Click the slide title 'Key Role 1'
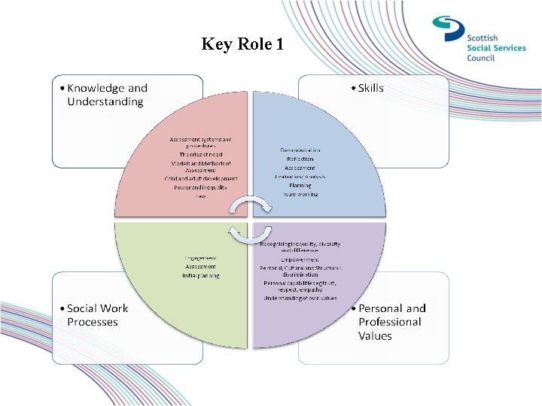242,44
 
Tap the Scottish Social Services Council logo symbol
449,29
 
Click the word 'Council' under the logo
481,58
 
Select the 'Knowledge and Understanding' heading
107,95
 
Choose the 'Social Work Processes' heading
97,315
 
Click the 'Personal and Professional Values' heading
391,322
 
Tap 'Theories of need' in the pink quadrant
201,154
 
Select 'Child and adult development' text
201,178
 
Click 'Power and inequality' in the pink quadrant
201,187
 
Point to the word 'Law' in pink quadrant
201,195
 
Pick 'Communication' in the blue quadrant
300,151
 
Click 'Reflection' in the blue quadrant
300,159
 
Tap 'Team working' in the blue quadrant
300,193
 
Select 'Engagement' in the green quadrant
200,258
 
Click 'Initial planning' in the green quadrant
200,275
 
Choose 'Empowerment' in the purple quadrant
300,259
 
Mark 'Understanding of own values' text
300,298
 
